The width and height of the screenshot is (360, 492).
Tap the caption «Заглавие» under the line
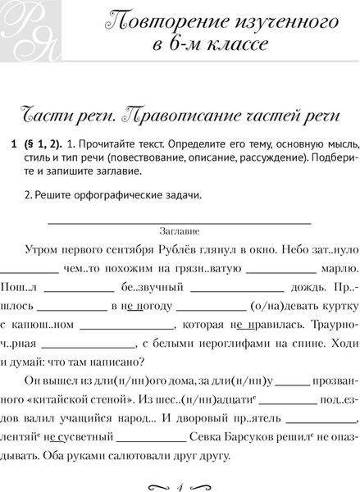tap(180, 232)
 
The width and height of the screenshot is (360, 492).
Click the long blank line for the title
tap(180, 221)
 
